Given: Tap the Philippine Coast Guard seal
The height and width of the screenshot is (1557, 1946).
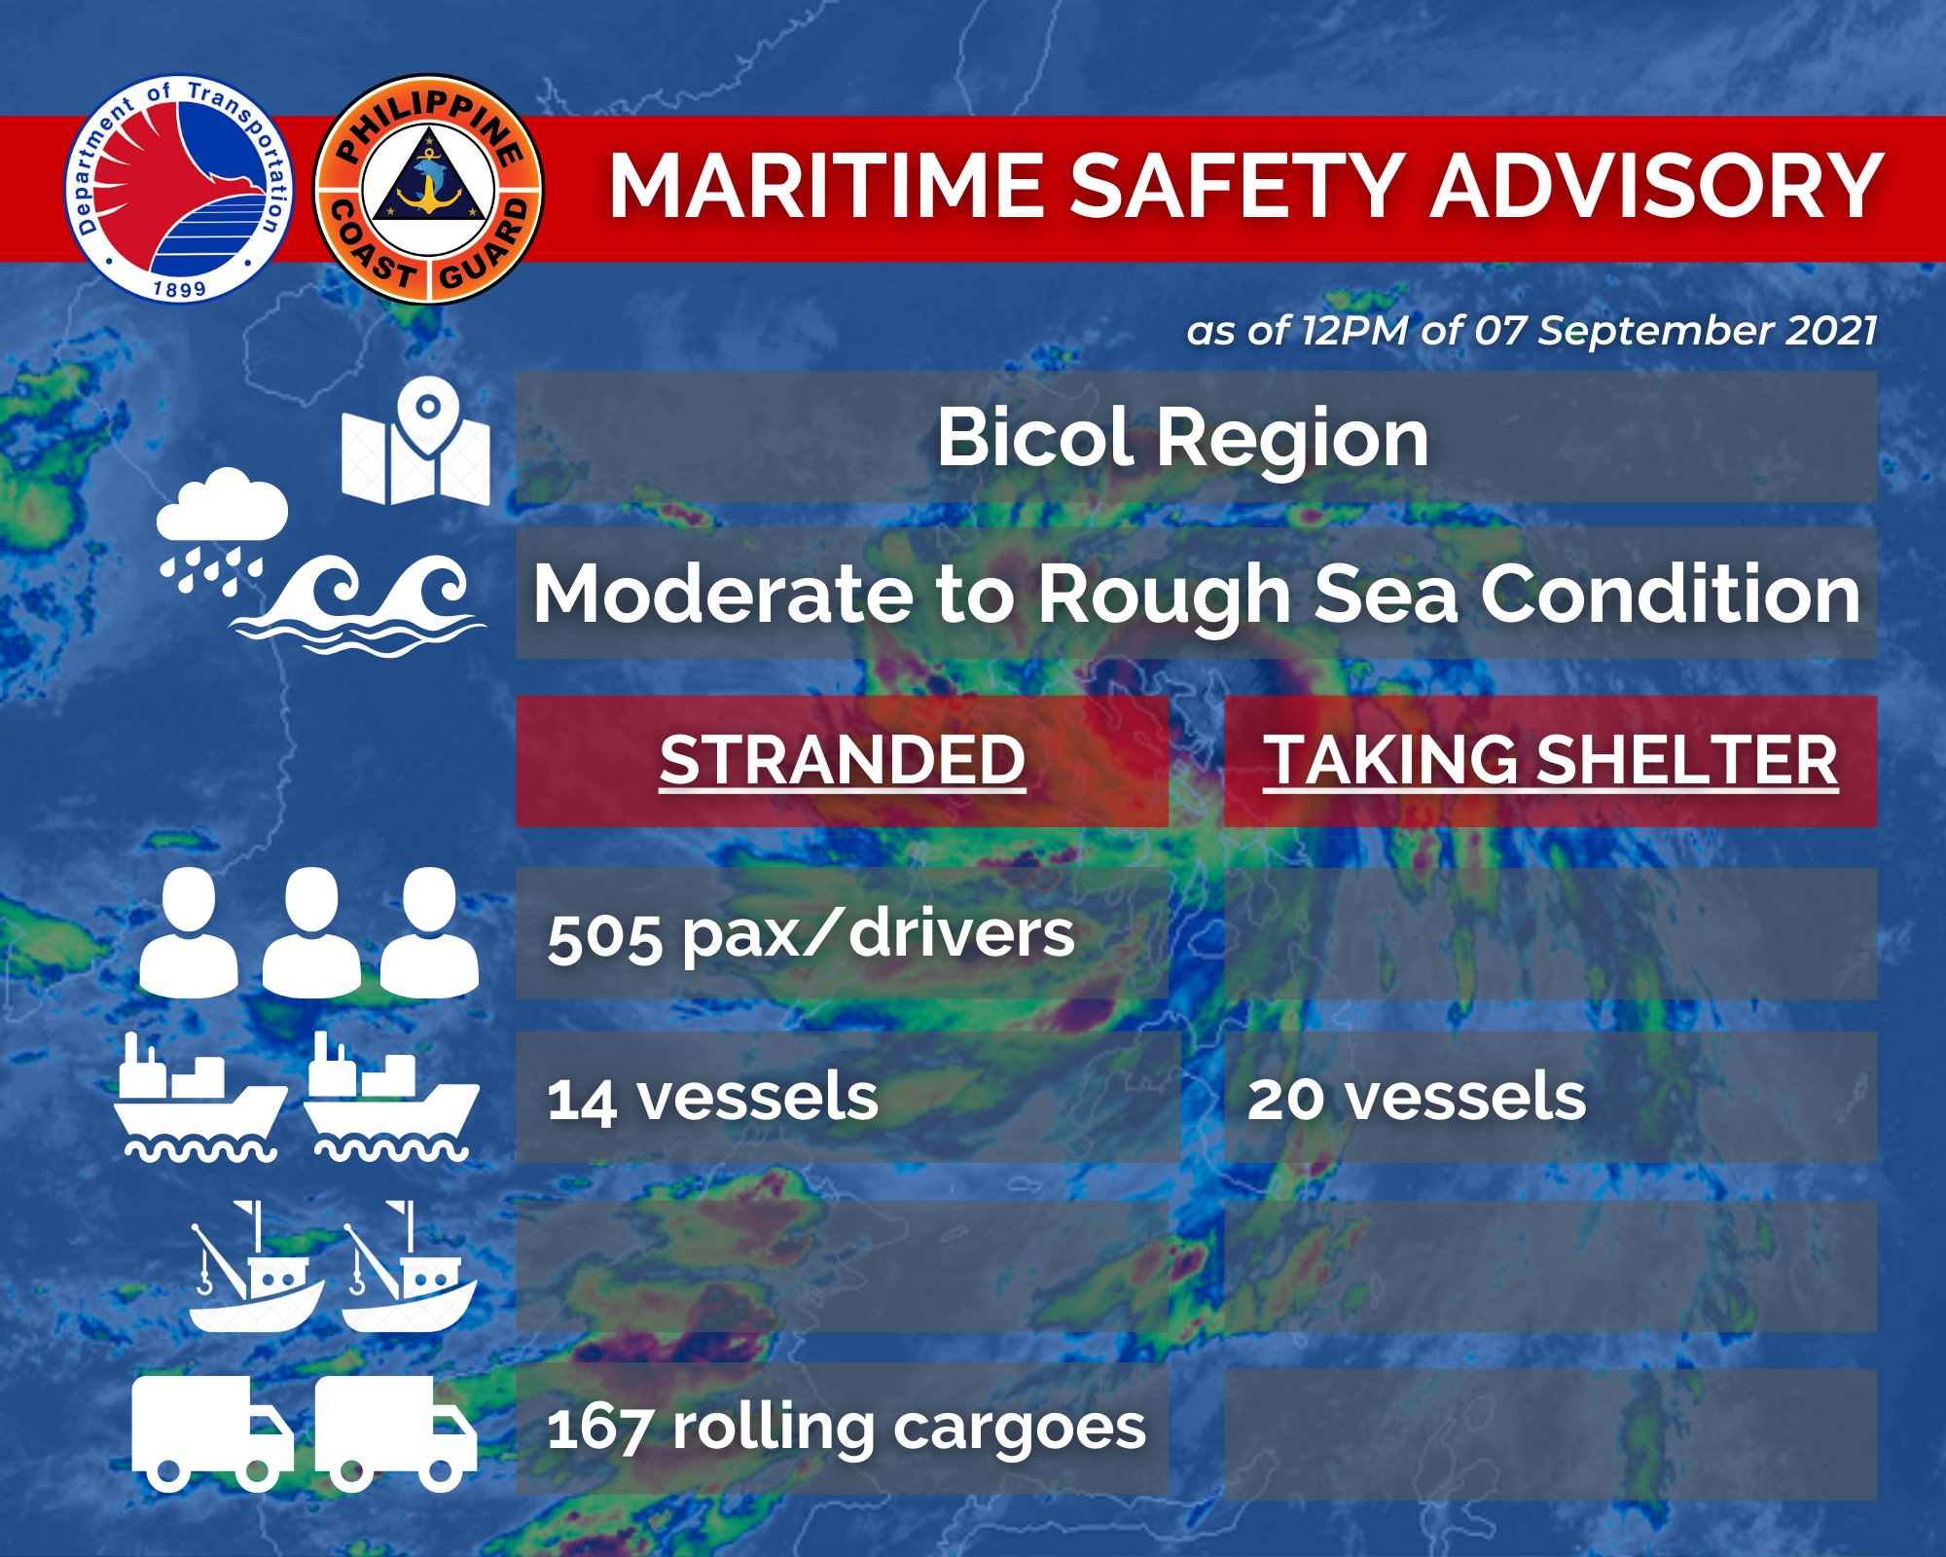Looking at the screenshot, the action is coord(428,189).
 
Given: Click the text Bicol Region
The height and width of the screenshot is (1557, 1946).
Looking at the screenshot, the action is coord(1182,438).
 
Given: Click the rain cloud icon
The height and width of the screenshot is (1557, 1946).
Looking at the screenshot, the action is coord(222,531).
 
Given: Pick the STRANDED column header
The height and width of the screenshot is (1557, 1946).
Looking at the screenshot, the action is coord(843,760).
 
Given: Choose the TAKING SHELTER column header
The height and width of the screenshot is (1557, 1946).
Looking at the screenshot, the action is coord(1551,760).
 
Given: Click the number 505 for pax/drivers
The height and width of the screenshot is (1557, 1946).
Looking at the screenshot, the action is coord(603,938).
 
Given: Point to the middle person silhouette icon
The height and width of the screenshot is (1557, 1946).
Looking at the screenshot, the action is coord(311,932).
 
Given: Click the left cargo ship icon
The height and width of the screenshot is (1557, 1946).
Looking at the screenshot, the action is coord(200,1097).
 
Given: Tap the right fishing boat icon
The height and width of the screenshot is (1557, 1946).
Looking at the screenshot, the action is coord(409,1266).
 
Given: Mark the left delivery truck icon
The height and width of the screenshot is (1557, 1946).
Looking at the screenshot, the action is coord(212,1433).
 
